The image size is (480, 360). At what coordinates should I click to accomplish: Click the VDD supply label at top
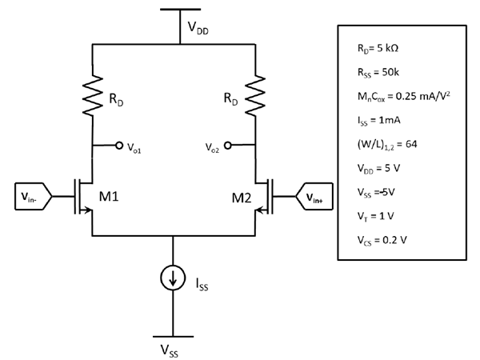pos(201,29)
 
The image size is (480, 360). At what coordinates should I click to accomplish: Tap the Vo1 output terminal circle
pos(120,146)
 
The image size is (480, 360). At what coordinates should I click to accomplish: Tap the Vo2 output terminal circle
pos(228,146)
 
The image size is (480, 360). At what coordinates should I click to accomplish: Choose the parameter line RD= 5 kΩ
pos(378,48)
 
